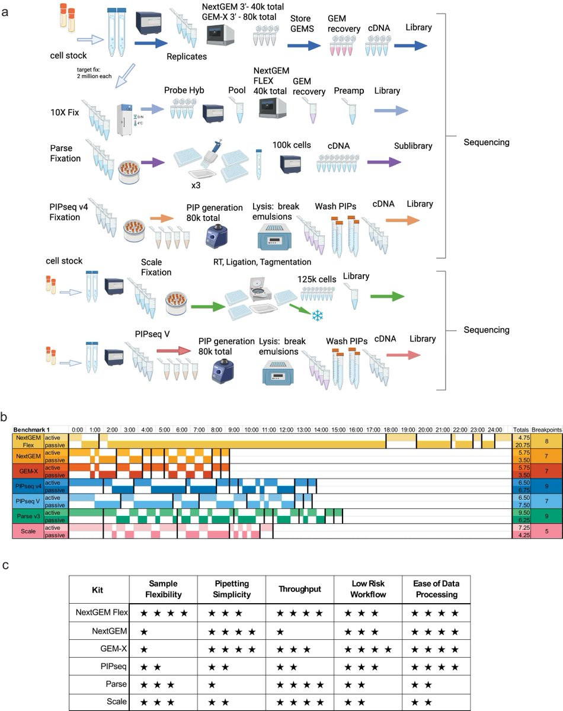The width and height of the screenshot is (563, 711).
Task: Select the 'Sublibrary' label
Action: click(x=413, y=145)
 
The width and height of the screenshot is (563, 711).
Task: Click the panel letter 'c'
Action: click(x=5, y=565)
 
